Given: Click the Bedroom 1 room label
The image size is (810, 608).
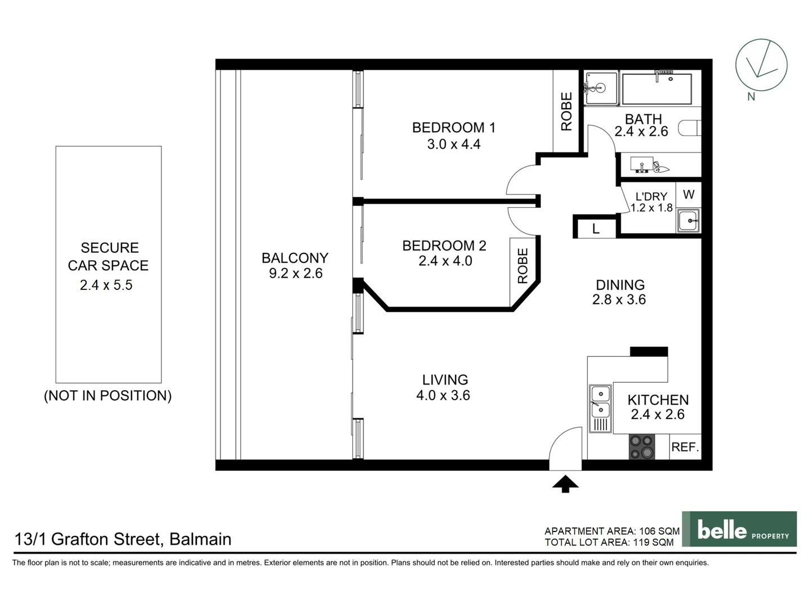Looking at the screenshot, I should [x=453, y=128].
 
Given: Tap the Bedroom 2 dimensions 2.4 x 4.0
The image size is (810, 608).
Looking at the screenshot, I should [x=445, y=261].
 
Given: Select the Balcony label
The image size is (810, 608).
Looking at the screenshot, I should [x=295, y=258].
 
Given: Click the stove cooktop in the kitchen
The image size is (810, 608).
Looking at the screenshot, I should [x=642, y=447].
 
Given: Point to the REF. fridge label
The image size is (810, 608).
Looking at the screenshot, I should [x=685, y=447].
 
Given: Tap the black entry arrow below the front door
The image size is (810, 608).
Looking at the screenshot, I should [x=565, y=484].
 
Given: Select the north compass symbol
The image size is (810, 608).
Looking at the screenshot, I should [x=761, y=65].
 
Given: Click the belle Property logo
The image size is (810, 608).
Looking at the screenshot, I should [x=739, y=529].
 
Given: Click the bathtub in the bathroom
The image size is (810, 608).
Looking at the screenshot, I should [x=656, y=88].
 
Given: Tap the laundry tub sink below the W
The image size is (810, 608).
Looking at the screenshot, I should [x=688, y=220].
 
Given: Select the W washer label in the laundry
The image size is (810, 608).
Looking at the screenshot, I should [x=688, y=195].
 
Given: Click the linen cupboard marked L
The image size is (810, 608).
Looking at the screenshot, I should [x=595, y=229].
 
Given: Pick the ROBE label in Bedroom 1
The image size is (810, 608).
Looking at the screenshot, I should [x=566, y=111].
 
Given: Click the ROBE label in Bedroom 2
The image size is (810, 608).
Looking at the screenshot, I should [x=523, y=266].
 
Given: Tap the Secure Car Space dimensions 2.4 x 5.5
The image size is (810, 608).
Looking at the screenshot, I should [x=106, y=285].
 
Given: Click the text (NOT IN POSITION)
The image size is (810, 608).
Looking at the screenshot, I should [x=108, y=396].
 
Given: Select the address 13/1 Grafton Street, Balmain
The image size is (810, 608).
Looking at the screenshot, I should [x=123, y=539].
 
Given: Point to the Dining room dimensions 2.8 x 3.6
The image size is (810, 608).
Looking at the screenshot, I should [x=619, y=300].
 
